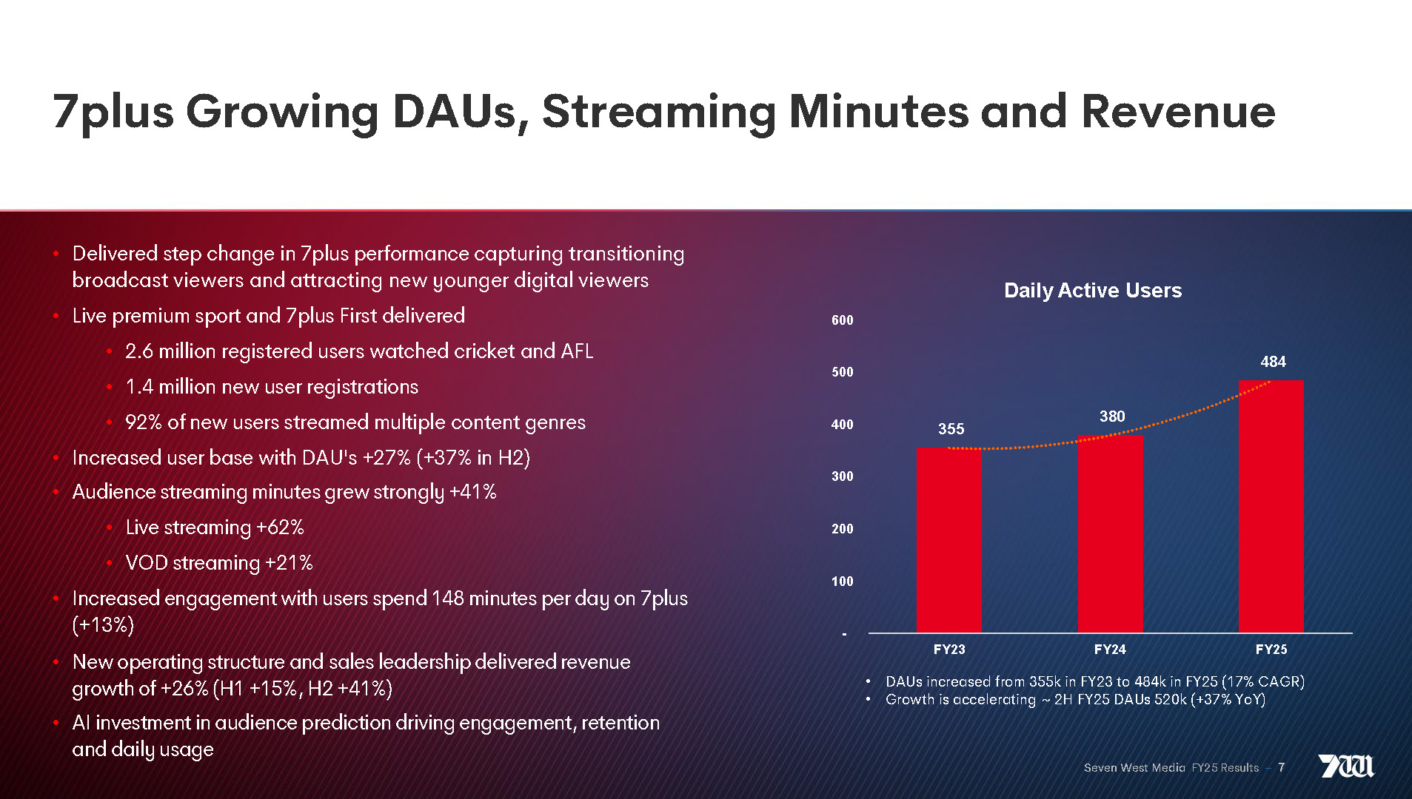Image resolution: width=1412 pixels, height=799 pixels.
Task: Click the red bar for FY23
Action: pos(948,540)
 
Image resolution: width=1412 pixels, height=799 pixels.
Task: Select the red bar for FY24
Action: pos(1110,533)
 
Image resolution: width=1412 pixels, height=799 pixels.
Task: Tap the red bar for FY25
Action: pos(1271,506)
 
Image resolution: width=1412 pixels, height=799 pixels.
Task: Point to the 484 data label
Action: pos(1273,362)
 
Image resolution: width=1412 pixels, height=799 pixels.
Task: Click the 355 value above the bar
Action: pos(951,429)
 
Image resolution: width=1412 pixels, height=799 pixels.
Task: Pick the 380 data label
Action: pos(1111,417)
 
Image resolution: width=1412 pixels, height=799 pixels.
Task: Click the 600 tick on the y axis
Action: pos(842,320)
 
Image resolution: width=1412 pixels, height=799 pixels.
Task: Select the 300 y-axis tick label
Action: pos(842,476)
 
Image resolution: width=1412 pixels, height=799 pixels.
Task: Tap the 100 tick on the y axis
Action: pos(842,581)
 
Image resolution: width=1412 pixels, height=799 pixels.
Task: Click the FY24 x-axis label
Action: pos(1110,650)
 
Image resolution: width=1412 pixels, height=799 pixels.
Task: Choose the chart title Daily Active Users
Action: pos(1092,291)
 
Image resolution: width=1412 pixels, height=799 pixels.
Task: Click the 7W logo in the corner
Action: pos(1345,766)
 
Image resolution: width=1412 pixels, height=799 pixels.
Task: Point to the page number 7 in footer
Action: pos(1281,768)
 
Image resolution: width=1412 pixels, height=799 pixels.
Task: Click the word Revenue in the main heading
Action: pos(1177,112)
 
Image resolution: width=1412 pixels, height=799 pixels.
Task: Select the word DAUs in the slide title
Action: pos(461,112)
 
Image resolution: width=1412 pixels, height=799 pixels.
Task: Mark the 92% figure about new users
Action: pos(144,422)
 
